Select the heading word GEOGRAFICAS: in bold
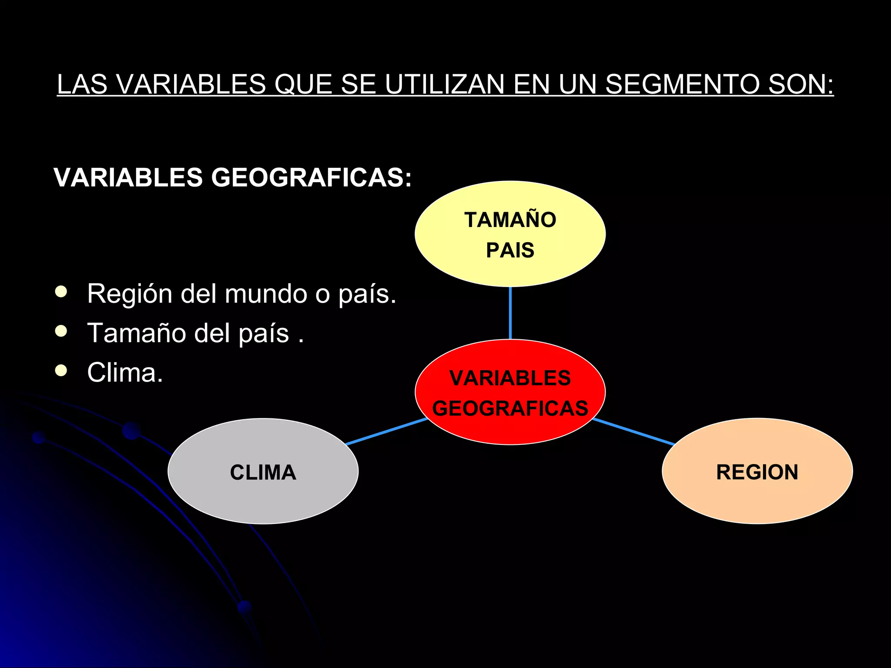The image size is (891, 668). pos(311,177)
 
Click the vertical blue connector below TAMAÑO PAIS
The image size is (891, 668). pos(510,313)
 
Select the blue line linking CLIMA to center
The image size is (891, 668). pos(386,431)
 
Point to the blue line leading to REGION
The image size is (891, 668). pos(633,431)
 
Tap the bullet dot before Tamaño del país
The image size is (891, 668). pos(61,331)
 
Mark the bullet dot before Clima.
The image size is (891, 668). pos(61,371)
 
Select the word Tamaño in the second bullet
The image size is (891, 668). pos(137,333)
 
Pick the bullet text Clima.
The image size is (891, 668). pos(125,373)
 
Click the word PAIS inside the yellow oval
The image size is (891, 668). pos(510,250)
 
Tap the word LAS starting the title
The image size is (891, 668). pos(82,84)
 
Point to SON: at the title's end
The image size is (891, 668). pos(801,84)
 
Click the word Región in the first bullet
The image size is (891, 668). pos(130,294)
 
